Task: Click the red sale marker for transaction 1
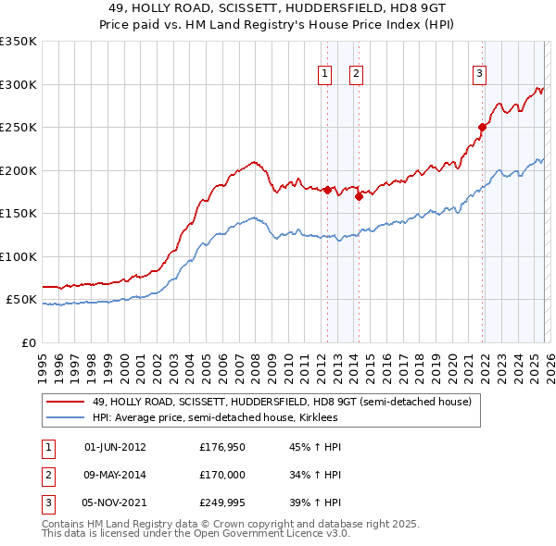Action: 327,190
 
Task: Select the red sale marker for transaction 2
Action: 359,196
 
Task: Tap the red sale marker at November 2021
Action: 482,127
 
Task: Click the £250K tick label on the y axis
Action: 19,128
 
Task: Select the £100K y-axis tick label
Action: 19,256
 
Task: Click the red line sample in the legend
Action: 66,403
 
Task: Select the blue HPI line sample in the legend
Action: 66,417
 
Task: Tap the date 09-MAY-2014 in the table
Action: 115,477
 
